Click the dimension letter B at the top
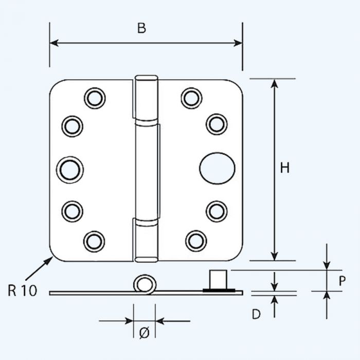pos(141,29)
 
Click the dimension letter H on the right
pos(285,168)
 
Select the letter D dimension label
pos(256,314)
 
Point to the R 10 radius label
pos(23,291)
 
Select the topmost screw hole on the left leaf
pos(95,98)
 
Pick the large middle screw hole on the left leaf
pos(70,169)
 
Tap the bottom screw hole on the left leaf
pos(94,241)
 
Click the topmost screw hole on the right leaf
pos(191,98)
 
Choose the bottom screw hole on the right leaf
pos(196,240)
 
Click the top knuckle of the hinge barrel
pos(147,100)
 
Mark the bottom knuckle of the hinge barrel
pos(146,239)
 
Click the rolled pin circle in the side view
pos(145,285)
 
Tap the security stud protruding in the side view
pos(219,280)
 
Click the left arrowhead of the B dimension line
pos(53,43)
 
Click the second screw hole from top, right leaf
pos(217,124)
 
